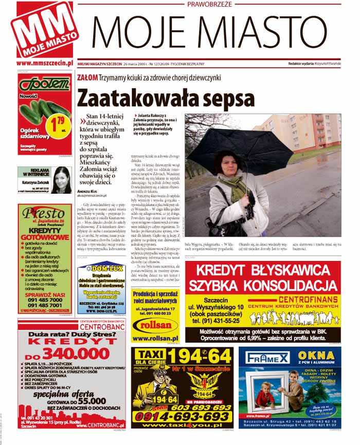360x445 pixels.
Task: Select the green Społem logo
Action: [44, 83]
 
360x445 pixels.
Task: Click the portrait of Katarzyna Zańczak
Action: [61, 179]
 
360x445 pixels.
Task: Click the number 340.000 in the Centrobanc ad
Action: [76, 354]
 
